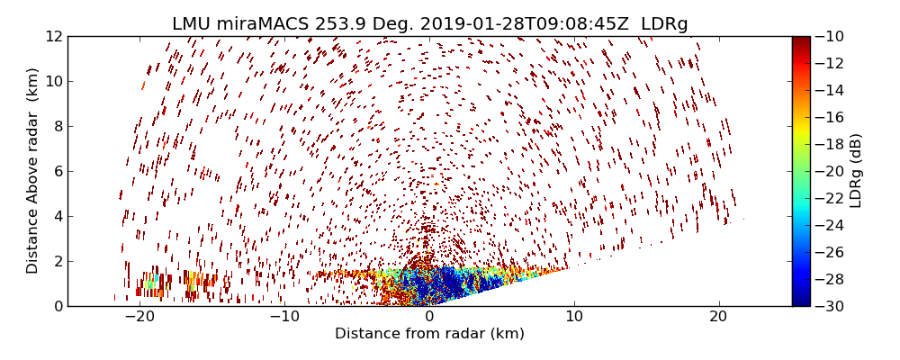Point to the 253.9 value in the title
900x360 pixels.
338,24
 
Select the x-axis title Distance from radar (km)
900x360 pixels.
429,334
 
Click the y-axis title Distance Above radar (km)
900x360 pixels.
33,170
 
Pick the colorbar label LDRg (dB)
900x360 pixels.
856,170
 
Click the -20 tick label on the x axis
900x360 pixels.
139,317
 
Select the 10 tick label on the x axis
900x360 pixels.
573,317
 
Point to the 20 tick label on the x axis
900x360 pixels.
718,317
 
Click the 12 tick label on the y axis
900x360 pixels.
53,37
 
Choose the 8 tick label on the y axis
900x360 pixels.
57,127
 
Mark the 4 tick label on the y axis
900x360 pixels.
57,217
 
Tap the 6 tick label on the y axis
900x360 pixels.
57,172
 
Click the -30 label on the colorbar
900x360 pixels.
829,306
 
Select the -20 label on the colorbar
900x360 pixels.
829,171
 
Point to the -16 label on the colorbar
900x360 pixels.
829,117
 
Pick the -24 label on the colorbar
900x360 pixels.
829,225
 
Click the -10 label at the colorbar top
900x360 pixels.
829,37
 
